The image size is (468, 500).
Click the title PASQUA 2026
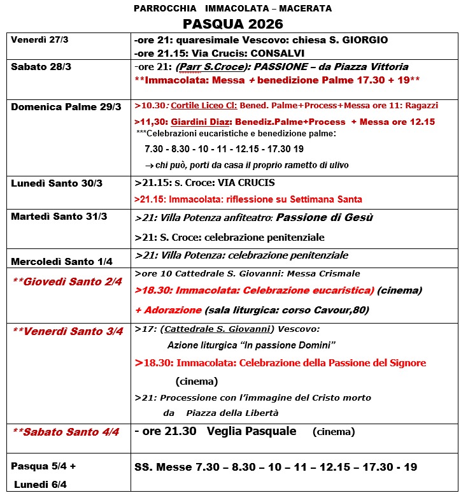(x=232, y=24)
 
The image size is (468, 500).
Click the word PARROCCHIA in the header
(x=159, y=9)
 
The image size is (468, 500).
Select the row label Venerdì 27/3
(x=39, y=39)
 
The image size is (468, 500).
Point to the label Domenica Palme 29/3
(x=66, y=106)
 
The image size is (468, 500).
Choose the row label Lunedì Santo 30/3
(x=57, y=183)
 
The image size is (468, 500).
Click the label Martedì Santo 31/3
(x=59, y=217)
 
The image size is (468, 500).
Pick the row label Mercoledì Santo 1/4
(x=64, y=260)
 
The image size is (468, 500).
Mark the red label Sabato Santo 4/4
(x=66, y=432)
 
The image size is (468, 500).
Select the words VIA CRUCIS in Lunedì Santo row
(x=247, y=183)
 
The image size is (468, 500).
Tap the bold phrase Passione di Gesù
(x=325, y=218)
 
